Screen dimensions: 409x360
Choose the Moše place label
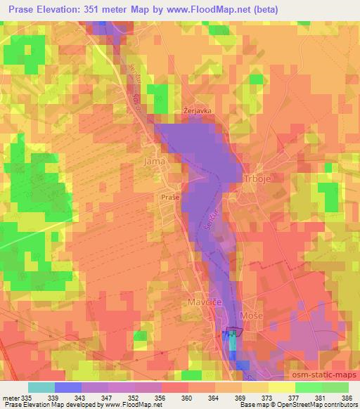pos(251,317)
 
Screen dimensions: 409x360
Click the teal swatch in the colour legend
pos(41,387)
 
